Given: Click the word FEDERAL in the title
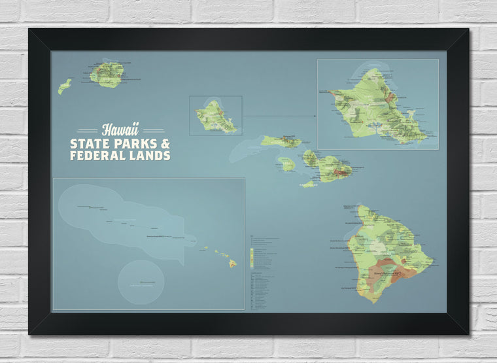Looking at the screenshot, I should [x=99, y=156].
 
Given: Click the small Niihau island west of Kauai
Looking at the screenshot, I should [x=64, y=86].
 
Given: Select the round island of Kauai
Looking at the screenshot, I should [x=107, y=75].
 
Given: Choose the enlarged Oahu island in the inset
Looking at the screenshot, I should [x=375, y=108].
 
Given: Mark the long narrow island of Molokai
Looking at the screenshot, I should [x=281, y=141].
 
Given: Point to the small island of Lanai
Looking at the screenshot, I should [x=286, y=164].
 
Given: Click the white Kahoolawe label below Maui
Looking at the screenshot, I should [x=308, y=186].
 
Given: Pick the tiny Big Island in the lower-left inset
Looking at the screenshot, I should [x=232, y=264].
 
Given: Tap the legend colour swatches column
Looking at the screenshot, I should [x=252, y=252].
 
